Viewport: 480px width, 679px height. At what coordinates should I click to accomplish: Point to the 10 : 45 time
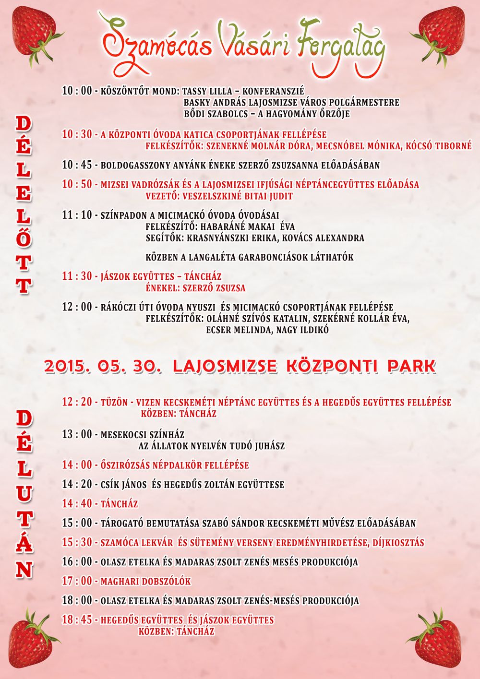(77, 165)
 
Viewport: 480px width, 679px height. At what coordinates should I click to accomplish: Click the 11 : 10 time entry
(77, 215)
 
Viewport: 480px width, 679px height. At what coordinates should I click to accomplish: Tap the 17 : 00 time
(77, 581)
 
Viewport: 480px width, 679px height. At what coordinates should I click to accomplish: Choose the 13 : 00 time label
(77, 434)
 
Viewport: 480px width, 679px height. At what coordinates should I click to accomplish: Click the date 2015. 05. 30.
(101, 366)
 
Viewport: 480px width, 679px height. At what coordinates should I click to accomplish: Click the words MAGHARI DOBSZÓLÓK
(145, 582)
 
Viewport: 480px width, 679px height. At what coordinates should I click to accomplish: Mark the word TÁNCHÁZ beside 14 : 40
(119, 504)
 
